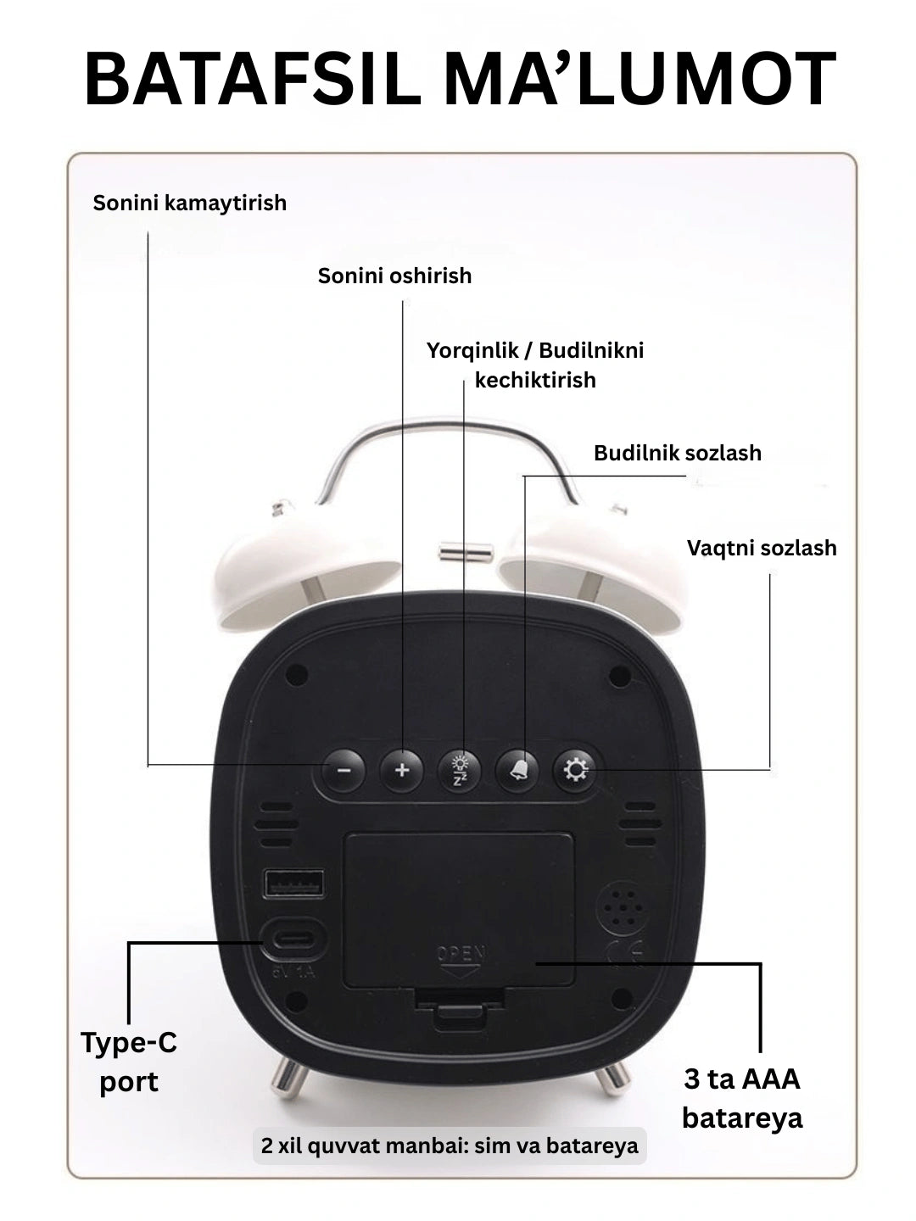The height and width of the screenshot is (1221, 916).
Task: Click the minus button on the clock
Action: click(x=343, y=771)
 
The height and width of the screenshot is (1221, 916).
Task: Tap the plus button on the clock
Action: click(x=401, y=771)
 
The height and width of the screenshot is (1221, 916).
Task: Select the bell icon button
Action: click(x=517, y=771)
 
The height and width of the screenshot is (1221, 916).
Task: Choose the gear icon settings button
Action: click(x=574, y=771)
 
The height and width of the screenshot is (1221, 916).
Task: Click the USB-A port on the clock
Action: click(x=294, y=884)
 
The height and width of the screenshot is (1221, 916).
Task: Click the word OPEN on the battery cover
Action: click(x=461, y=954)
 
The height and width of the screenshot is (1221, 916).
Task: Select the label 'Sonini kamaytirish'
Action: click(x=190, y=203)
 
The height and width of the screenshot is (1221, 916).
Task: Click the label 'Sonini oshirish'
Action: click(x=395, y=276)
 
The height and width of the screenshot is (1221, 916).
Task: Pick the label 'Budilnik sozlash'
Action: click(x=678, y=453)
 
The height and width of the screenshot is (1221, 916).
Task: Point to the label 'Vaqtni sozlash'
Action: click(x=762, y=548)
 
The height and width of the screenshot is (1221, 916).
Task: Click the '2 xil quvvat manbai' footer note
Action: click(x=450, y=1146)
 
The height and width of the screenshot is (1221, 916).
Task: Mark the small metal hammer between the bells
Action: click(x=466, y=552)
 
